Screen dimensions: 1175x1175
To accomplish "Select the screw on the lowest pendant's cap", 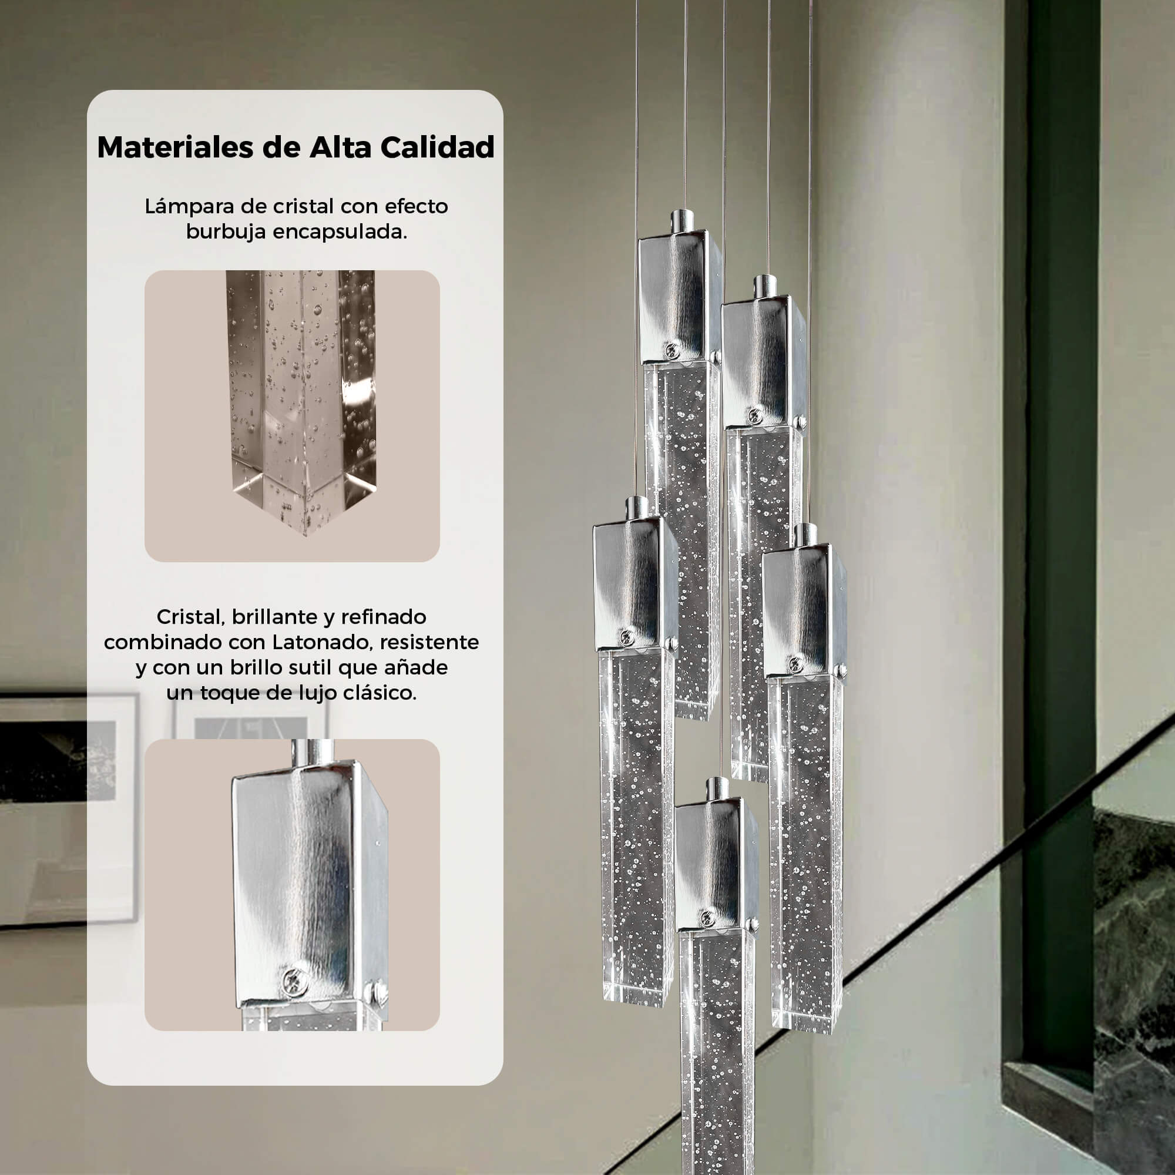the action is (x=707, y=918).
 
